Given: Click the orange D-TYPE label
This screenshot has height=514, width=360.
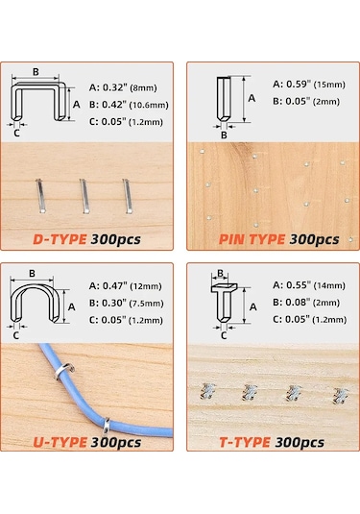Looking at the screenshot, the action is pos(60,239).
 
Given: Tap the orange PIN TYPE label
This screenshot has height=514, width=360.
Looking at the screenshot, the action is pos(252,239).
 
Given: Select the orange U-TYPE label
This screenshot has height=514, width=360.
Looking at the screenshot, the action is pos(60,442).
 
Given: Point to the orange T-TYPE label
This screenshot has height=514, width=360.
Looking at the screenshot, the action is pos(245,442).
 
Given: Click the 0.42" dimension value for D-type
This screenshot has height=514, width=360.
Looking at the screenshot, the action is pos(114,105).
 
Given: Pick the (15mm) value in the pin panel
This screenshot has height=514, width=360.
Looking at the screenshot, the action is pos(329,85).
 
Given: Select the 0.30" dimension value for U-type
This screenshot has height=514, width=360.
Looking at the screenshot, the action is pos(114,303).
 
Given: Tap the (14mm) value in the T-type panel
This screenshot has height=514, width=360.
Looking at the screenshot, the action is pos(329,285).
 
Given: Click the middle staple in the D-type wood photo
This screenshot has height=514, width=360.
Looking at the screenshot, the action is pos(84,196).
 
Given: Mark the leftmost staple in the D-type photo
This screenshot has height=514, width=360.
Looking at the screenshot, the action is pos(40,196).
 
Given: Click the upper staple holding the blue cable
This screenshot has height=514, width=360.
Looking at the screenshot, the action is pos(64,372).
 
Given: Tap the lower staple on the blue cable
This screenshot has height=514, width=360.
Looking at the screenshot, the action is pos(107,426).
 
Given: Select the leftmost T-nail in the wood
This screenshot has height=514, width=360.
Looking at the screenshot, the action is pos(207,391).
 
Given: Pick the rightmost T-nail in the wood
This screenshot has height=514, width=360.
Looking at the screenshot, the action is pos(341,396).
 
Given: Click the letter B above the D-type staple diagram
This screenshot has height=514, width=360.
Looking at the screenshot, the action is pos(36,72).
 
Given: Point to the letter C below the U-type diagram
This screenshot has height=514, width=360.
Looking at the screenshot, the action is pos(15,335).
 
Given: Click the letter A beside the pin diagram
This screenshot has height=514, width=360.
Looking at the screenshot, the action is pos(252,98).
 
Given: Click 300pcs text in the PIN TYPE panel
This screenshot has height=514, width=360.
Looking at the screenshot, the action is pos(314,239).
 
